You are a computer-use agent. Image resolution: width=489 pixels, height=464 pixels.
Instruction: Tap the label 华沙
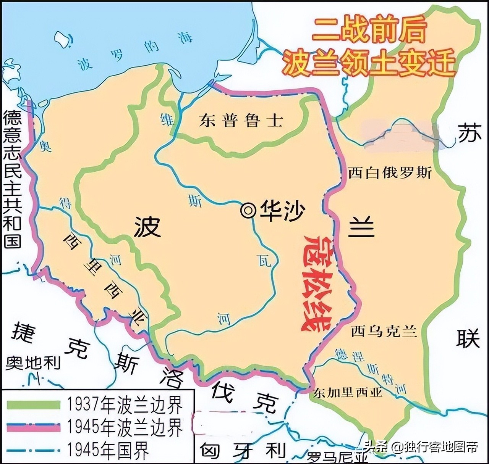(282, 210)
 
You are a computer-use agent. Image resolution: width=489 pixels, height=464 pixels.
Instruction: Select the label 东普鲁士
(241, 121)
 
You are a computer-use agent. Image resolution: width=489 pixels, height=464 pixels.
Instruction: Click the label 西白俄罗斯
(389, 173)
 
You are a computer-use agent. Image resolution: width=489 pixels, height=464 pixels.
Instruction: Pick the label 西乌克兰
(384, 331)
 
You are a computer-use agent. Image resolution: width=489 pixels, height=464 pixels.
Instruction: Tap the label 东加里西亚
(348, 392)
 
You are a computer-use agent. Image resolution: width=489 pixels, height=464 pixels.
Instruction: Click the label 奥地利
(33, 363)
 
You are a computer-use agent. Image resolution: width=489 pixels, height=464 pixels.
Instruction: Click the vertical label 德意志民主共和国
(12, 179)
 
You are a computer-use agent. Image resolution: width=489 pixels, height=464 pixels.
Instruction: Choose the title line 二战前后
(369, 30)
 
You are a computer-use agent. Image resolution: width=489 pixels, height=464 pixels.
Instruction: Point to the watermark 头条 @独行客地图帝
(421, 447)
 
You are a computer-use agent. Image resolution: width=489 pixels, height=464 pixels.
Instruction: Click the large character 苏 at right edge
(470, 133)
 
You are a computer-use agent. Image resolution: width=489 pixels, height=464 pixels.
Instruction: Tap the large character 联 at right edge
(468, 338)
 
